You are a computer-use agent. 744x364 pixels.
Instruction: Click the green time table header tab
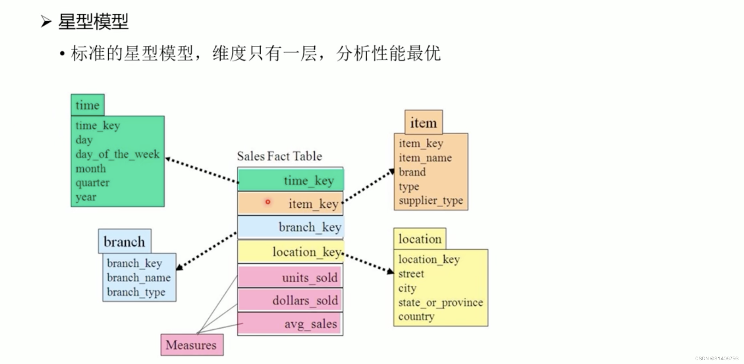(x=87, y=105)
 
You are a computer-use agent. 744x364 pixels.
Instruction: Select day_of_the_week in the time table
(x=117, y=154)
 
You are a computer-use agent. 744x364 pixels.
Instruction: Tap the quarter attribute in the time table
(x=93, y=183)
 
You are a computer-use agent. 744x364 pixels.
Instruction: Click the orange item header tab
(x=423, y=122)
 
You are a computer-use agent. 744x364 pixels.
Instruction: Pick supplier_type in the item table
(x=431, y=201)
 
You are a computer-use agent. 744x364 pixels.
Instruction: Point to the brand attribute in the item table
(x=412, y=172)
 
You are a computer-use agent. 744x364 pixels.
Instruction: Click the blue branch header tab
(x=124, y=242)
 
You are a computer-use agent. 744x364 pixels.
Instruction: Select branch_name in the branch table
(x=138, y=278)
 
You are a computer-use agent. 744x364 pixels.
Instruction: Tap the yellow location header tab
(x=420, y=239)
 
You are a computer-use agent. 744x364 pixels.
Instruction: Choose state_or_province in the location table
(x=440, y=303)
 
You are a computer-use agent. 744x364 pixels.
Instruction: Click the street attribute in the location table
(x=411, y=274)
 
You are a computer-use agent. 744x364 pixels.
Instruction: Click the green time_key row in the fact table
(x=291, y=181)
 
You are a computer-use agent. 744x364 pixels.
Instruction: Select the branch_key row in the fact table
(x=291, y=227)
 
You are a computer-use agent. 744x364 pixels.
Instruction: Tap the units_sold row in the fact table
(x=290, y=278)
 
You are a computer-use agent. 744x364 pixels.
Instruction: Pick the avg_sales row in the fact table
(x=291, y=324)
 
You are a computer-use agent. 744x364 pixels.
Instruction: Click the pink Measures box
(x=192, y=345)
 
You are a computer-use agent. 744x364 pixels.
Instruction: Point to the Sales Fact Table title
(x=279, y=156)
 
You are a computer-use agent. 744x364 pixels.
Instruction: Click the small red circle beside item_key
(x=267, y=202)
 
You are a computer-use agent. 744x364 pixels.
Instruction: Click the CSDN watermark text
(x=716, y=358)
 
